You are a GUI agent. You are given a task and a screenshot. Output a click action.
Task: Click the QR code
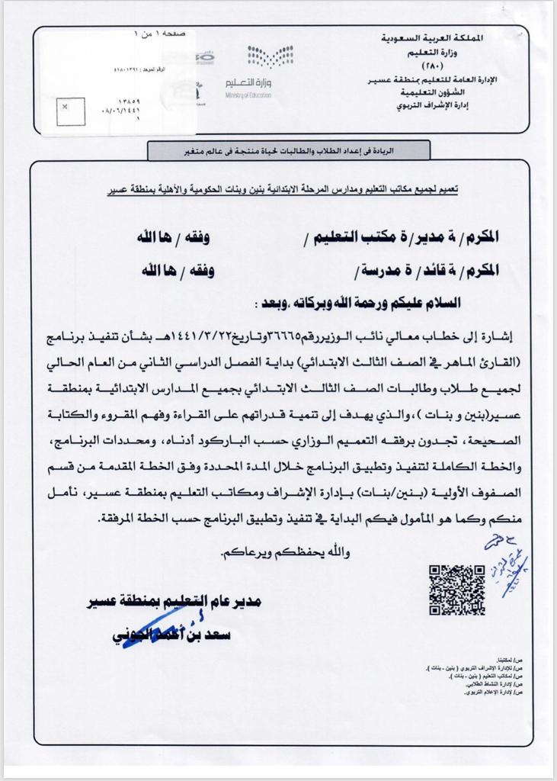point(456,590)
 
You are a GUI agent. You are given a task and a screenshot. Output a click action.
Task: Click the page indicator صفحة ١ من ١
point(157,34)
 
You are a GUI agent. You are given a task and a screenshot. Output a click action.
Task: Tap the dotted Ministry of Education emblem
point(270,58)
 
